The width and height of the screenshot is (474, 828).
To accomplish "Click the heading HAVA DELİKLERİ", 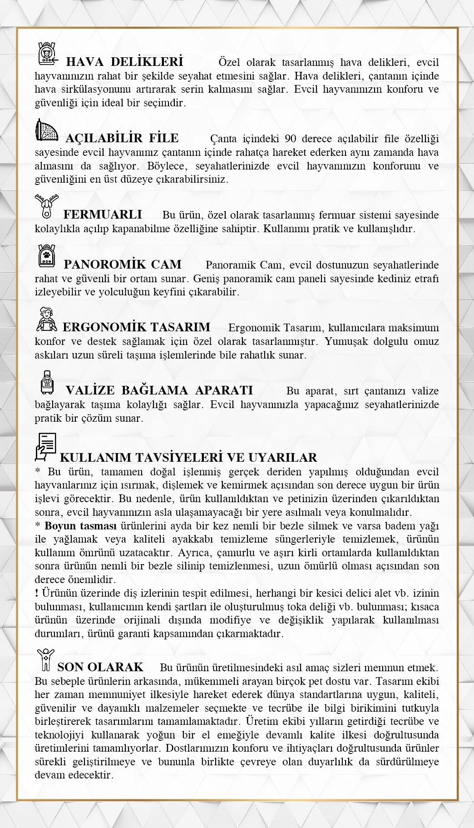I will coord(124,62).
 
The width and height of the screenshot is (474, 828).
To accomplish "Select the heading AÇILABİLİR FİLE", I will coord(122,138).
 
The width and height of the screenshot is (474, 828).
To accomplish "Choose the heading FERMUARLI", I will coord(103,214).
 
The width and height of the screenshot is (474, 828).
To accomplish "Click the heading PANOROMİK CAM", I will coord(123,264).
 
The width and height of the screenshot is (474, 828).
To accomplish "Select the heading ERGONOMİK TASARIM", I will coord(136,327).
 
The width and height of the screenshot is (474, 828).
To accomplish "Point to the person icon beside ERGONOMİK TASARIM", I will coord(47,319).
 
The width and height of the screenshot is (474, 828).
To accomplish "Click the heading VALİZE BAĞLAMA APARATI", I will coord(159,390).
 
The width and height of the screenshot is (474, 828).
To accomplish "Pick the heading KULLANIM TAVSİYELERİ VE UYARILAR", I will coord(188,457).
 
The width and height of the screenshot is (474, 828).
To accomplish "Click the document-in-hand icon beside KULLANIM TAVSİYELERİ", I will coord(46,446).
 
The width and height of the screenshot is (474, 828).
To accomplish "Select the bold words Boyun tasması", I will coord(80,526).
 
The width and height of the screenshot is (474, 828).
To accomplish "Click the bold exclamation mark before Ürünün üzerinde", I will coord(36,593).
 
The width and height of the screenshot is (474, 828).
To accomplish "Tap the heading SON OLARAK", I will coord(100,667).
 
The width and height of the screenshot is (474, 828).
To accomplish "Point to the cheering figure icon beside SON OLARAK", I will coord(45,660).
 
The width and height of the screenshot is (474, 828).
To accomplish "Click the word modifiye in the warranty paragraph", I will coord(230,620).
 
